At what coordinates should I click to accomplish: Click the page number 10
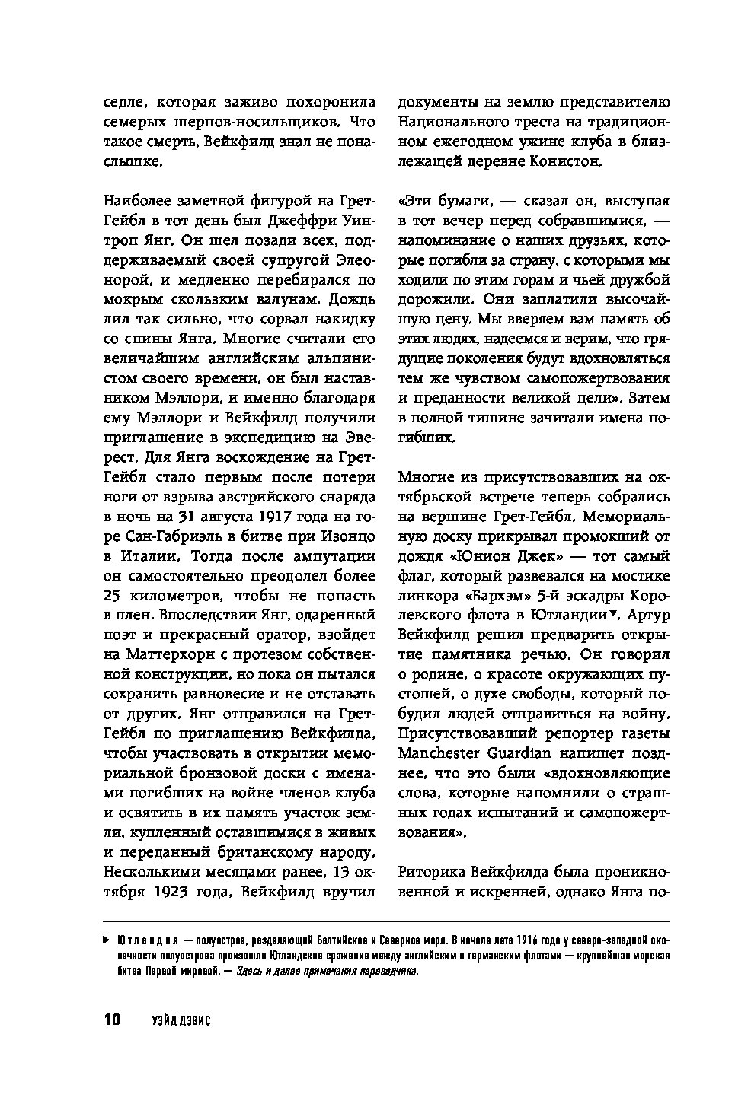click(110, 1020)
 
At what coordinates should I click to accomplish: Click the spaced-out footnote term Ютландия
click(149, 940)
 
